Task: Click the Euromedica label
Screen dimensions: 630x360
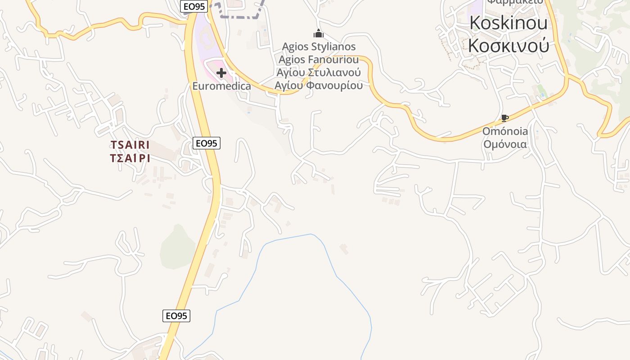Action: (x=221, y=85)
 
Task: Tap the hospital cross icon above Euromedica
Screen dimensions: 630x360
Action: (x=221, y=73)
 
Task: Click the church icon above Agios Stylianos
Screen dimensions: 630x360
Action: (x=319, y=33)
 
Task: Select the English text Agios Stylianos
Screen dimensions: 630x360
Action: (x=319, y=46)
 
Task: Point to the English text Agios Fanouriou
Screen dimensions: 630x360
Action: (x=319, y=59)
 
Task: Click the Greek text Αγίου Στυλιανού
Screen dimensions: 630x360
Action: (x=319, y=72)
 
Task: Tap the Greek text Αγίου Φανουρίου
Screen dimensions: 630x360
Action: (x=319, y=85)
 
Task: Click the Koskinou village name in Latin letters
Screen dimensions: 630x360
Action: (x=508, y=23)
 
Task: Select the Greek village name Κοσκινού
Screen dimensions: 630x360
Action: (x=508, y=45)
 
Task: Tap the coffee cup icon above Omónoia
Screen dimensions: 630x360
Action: (x=505, y=118)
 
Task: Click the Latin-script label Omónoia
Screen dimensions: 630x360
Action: (x=505, y=131)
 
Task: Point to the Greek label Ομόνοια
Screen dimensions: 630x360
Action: (x=505, y=144)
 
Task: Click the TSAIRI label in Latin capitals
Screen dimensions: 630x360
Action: (x=130, y=145)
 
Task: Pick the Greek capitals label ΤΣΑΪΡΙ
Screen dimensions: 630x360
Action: (x=130, y=158)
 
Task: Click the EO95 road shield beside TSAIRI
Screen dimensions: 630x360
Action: (x=207, y=143)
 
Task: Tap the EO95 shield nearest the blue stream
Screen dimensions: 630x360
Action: (x=176, y=316)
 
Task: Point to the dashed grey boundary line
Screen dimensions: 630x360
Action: (x=238, y=17)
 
